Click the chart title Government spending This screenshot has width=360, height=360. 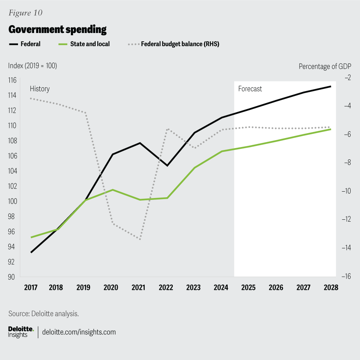pos(57,29)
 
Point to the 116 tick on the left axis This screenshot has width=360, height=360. pos(13,80)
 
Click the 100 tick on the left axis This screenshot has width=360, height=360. pos(13,201)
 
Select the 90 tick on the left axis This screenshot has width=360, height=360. pos(13,277)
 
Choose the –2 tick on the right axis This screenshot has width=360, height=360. pos(347,78)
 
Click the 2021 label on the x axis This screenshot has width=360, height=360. pos(138,288)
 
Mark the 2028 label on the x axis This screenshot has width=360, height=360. pos(331,288)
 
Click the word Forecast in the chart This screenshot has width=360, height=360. pos(250,89)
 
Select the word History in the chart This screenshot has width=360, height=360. pos(40,89)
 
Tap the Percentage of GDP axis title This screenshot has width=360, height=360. pos(325,66)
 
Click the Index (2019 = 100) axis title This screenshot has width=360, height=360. pos(33,66)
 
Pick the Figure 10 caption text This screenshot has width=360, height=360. pos(25,13)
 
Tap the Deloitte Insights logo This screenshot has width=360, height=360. pos(21,332)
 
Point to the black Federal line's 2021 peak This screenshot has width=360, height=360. pos(140,143)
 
